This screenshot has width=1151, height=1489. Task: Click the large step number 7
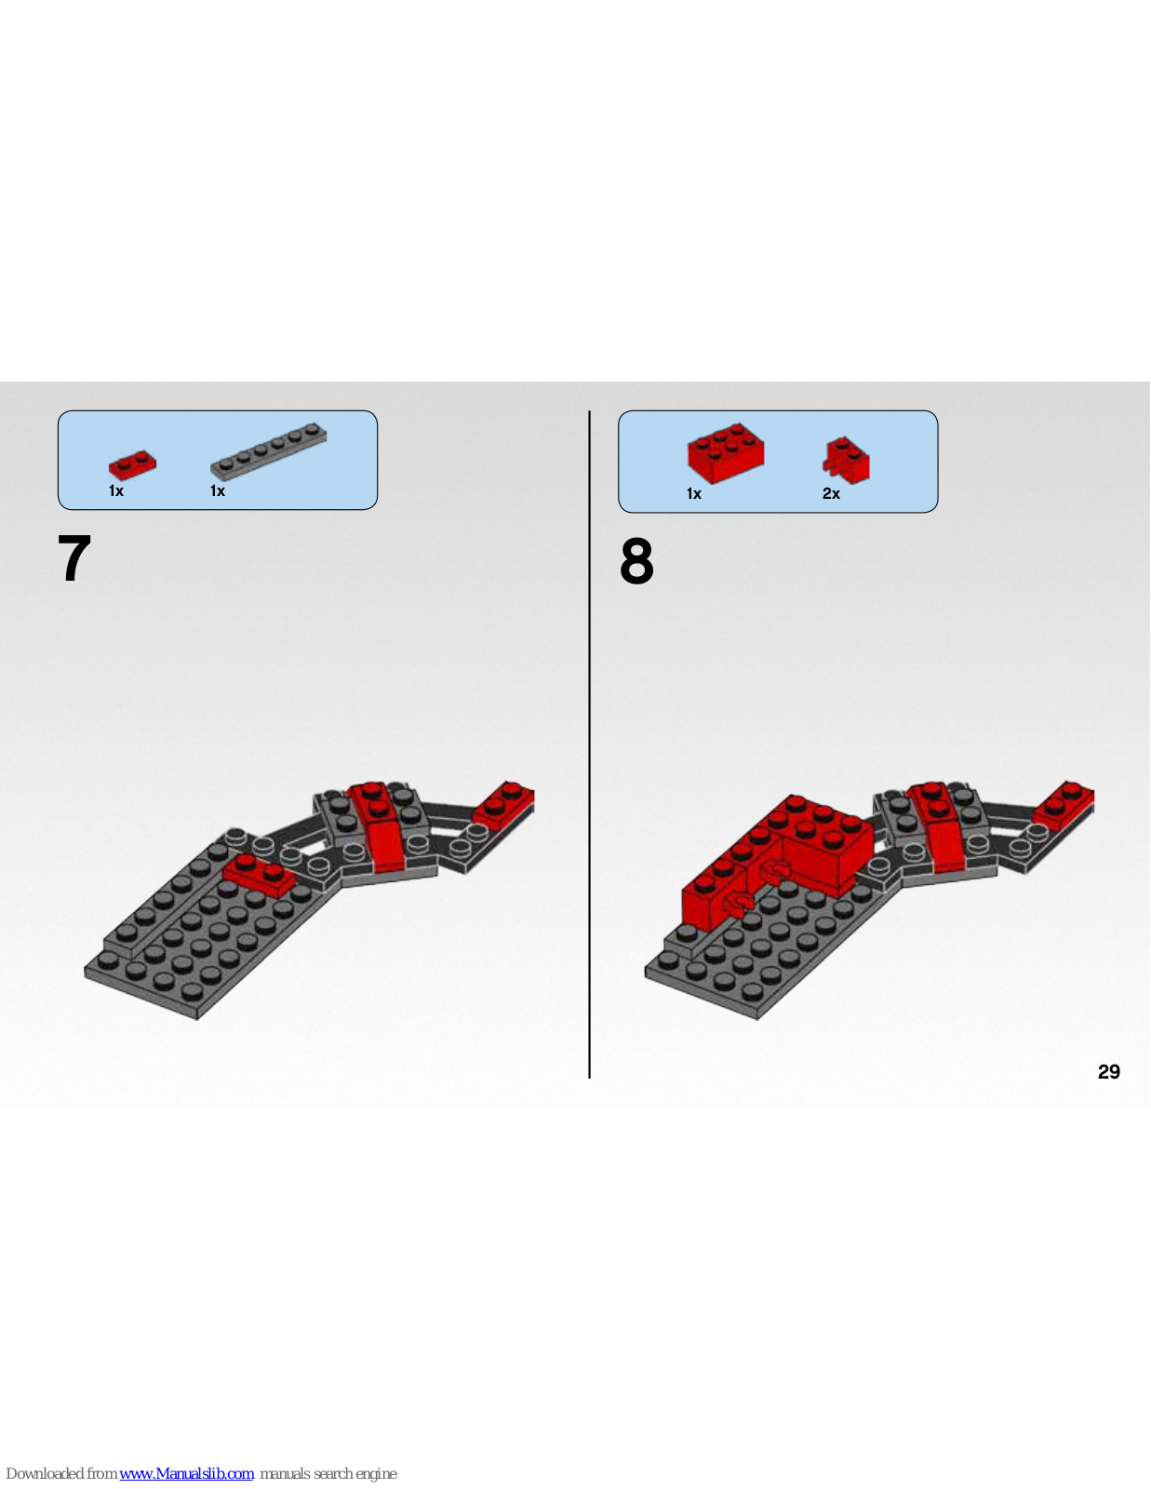coord(74,558)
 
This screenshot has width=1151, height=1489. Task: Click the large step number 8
coord(636,561)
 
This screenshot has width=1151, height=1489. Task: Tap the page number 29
coord(1108,1072)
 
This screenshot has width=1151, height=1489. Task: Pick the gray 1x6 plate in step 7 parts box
coord(269,450)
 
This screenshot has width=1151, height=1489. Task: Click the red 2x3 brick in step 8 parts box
coord(726,452)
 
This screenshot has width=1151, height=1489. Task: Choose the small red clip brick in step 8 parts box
coord(847,460)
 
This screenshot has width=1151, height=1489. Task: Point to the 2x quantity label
coord(831,494)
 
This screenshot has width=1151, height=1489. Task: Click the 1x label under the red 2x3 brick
coord(694,494)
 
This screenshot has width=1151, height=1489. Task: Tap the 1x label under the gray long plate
coord(217,491)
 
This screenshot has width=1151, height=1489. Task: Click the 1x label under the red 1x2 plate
coord(115,491)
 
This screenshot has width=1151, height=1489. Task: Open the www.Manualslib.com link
coord(186,1473)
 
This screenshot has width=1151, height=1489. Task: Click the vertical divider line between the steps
coord(589,744)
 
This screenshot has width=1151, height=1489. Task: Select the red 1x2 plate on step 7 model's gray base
coord(260,876)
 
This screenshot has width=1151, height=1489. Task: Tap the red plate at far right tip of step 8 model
coord(1064,801)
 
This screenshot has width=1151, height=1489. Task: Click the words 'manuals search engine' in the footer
coord(328,1473)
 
